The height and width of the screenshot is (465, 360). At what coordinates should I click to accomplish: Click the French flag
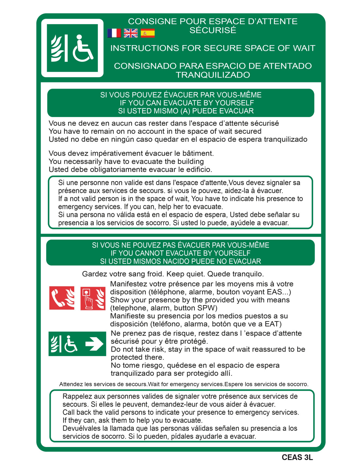[114, 33]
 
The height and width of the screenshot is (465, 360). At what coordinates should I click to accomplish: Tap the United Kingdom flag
[131, 33]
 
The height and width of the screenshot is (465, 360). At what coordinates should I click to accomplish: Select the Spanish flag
[148, 33]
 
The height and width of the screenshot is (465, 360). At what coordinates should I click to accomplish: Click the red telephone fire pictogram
[62, 298]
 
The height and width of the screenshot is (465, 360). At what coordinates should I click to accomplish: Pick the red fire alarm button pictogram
[93, 298]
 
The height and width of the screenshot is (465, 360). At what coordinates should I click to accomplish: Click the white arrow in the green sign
[95, 344]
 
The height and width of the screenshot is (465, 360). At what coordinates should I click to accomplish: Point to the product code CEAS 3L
[297, 457]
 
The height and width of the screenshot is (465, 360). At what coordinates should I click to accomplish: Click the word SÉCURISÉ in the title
[213, 30]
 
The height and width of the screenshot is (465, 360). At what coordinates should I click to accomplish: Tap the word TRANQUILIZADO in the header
[213, 75]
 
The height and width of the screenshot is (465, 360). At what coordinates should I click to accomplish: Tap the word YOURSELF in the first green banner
[234, 103]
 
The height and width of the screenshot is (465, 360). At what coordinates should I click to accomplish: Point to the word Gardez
[95, 274]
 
